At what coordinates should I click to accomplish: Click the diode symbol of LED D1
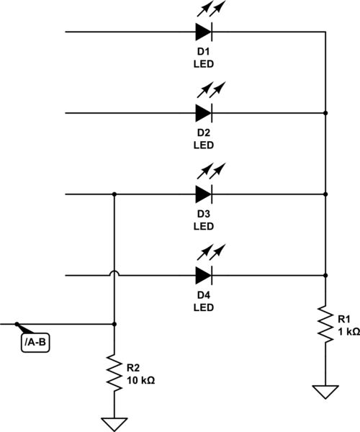(203, 32)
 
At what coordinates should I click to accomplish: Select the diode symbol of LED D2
(203, 113)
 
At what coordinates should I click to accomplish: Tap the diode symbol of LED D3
(203, 194)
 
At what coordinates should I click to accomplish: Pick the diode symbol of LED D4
(203, 274)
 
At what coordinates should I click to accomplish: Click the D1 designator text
(204, 53)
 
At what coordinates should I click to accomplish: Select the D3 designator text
(204, 214)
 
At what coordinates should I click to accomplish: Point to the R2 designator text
(133, 366)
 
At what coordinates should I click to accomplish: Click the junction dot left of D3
(114, 194)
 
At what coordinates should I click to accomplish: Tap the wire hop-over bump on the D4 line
(114, 274)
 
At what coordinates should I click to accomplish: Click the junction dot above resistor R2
(114, 325)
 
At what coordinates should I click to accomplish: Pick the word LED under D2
(204, 145)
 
